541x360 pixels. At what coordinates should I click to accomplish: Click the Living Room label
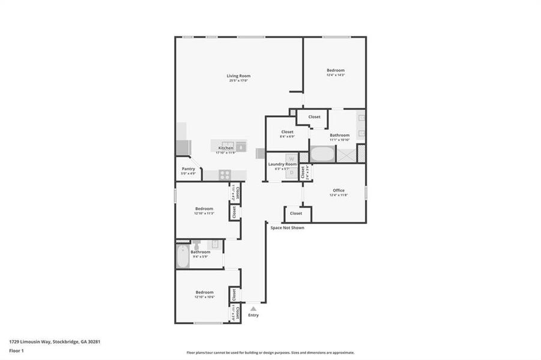coord(238,76)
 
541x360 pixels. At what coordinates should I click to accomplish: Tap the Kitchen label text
coord(226,148)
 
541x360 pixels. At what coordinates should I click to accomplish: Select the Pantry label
coord(189,169)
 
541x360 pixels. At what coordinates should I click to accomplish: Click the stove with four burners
coord(225,175)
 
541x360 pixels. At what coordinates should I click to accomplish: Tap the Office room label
coord(339,191)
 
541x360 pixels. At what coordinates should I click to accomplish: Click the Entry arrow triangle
coord(253,308)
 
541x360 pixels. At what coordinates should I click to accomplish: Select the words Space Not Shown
coord(287,228)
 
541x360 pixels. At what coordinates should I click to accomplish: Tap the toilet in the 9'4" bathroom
coord(196,245)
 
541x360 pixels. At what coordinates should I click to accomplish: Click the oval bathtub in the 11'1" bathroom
coord(322,154)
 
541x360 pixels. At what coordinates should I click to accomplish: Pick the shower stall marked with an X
coord(346,154)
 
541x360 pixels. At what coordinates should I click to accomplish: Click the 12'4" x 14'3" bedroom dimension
coord(335,75)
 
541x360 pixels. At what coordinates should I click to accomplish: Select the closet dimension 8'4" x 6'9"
coord(287,136)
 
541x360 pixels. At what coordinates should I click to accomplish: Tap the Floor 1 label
coord(17,350)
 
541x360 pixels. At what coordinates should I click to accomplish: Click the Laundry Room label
coord(282,164)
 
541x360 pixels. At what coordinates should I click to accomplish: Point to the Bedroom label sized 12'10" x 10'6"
coord(204,292)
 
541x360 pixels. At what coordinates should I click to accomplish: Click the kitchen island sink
coord(241,146)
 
